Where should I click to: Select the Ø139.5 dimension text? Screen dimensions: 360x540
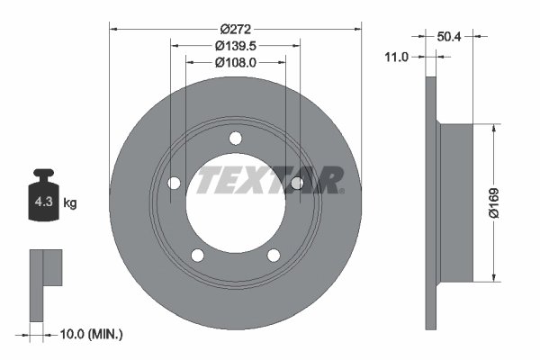[236, 45]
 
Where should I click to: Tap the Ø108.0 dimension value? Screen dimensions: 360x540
[236, 62]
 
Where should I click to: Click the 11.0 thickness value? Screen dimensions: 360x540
[397, 56]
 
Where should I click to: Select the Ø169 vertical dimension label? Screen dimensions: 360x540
[508, 203]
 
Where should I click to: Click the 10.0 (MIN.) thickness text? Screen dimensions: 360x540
[92, 334]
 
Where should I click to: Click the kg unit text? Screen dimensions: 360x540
[70, 203]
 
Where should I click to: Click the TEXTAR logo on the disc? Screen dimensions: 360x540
[270, 180]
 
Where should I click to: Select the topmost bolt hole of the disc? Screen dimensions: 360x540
[236, 138]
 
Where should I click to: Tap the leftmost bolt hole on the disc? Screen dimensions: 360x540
[174, 184]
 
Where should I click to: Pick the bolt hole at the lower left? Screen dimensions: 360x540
[198, 255]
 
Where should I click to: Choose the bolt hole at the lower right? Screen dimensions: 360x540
[274, 255]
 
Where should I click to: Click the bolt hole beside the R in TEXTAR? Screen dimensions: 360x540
[297, 184]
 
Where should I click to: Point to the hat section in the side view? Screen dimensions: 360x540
[454, 203]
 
